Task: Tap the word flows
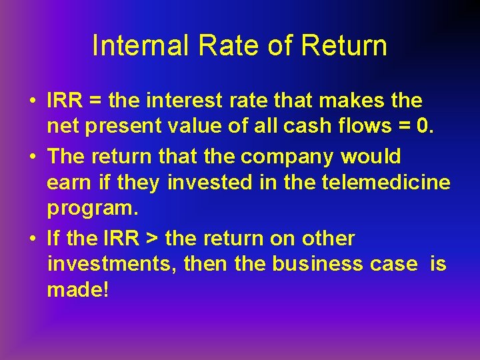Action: click(371, 126)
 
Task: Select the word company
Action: click(288, 157)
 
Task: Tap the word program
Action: click(92, 208)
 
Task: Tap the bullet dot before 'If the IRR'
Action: click(32, 239)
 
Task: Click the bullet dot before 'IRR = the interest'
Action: click(32, 101)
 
